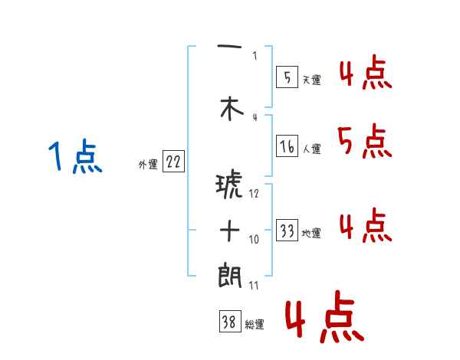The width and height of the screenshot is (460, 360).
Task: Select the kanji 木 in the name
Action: [x=228, y=110]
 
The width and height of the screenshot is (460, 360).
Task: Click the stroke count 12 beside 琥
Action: [x=255, y=194]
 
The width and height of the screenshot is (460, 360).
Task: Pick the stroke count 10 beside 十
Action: [x=255, y=240]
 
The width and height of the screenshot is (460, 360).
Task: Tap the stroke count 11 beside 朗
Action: [x=255, y=286]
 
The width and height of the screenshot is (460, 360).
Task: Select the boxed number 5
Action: [x=287, y=77]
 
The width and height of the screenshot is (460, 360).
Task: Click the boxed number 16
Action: [x=287, y=146]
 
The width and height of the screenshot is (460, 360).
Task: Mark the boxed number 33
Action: [x=287, y=231]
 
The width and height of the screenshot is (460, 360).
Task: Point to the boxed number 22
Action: [x=173, y=162]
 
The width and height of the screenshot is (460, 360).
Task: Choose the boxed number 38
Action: [x=228, y=322]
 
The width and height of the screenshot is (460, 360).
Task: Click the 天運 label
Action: [x=311, y=80]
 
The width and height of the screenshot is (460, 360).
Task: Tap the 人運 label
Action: [x=311, y=149]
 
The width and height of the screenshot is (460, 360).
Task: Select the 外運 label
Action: [x=147, y=164]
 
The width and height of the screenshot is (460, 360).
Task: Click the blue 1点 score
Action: [x=75, y=158]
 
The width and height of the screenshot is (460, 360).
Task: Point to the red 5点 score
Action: [x=363, y=141]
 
